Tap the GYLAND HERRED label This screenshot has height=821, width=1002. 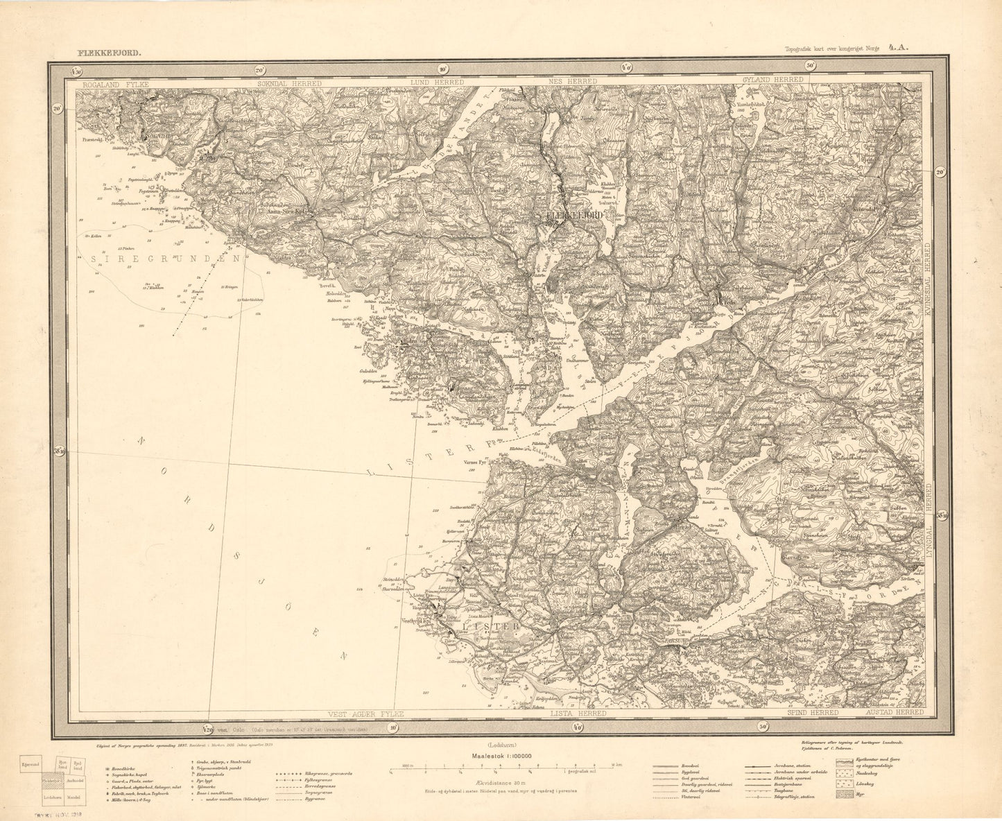click(772, 80)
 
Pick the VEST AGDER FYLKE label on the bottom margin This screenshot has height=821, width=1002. click(364, 714)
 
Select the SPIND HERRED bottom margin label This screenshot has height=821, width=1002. click(813, 714)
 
